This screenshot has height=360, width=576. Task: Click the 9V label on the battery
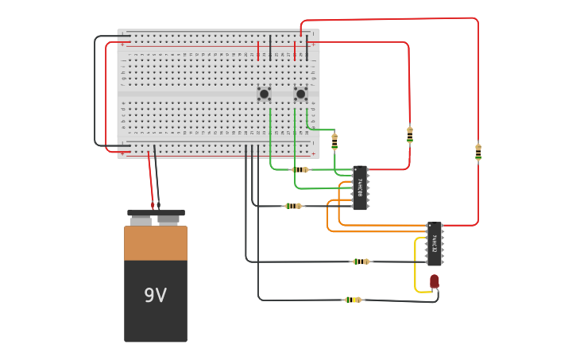click(x=156, y=296)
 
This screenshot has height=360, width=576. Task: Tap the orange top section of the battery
click(x=156, y=243)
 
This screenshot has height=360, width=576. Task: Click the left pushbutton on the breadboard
click(x=264, y=94)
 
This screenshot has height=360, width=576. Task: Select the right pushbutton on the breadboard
click(x=300, y=94)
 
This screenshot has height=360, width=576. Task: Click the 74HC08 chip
click(x=360, y=188)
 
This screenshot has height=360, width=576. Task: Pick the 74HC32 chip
click(x=434, y=243)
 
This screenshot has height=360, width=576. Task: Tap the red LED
click(x=435, y=281)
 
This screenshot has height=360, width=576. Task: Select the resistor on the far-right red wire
click(x=478, y=151)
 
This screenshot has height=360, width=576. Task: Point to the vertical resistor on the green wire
click(x=334, y=141)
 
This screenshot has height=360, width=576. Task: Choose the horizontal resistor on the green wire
click(x=300, y=169)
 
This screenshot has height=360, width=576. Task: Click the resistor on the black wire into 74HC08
click(x=293, y=206)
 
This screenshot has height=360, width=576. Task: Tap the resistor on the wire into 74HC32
click(x=361, y=261)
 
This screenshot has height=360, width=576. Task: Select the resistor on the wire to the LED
click(x=352, y=300)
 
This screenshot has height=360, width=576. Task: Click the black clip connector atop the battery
click(x=156, y=213)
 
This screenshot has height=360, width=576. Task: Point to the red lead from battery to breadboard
click(x=150, y=179)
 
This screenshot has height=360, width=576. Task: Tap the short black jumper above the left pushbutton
click(x=270, y=48)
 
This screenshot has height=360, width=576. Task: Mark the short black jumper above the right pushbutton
click(x=307, y=48)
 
